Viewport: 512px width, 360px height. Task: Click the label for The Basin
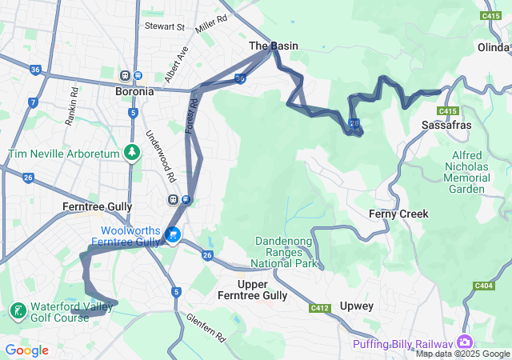274,46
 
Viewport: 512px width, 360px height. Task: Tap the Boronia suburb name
134,91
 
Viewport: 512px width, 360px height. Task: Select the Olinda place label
494,48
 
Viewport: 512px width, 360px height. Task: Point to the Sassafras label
446,126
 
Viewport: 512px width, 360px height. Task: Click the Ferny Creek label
398,214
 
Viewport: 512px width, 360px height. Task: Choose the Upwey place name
356,306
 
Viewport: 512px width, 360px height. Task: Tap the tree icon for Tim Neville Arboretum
133,152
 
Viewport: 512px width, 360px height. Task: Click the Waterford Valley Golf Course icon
16,309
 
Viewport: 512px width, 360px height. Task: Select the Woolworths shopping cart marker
173,234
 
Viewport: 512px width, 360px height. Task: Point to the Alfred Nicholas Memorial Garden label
467,172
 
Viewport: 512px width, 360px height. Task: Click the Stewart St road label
165,26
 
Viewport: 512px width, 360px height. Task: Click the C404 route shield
483,285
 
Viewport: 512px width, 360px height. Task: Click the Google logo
26,350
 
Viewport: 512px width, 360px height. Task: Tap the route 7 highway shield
32,102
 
